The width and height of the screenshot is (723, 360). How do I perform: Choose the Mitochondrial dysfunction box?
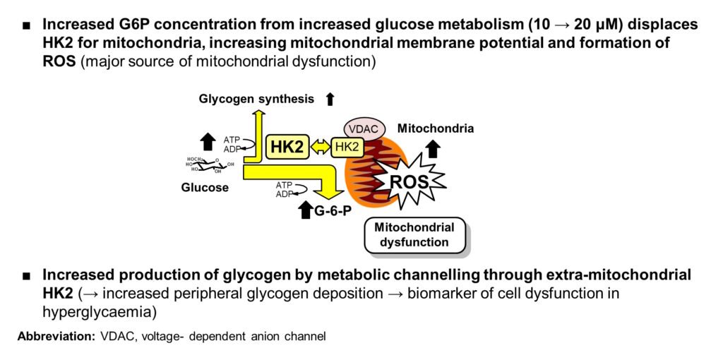pos(414,235)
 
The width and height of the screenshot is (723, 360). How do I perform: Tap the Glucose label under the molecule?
pos(205,188)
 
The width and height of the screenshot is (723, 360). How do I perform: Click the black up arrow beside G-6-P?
pos(305,209)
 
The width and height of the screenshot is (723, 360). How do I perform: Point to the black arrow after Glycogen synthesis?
pos(330,100)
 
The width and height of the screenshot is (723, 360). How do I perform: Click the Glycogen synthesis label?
pos(256,99)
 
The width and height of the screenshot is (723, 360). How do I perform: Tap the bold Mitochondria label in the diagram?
pos(435,128)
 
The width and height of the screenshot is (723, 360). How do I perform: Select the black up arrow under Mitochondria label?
pos(434,148)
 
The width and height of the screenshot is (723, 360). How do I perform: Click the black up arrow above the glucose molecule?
pos(208,139)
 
